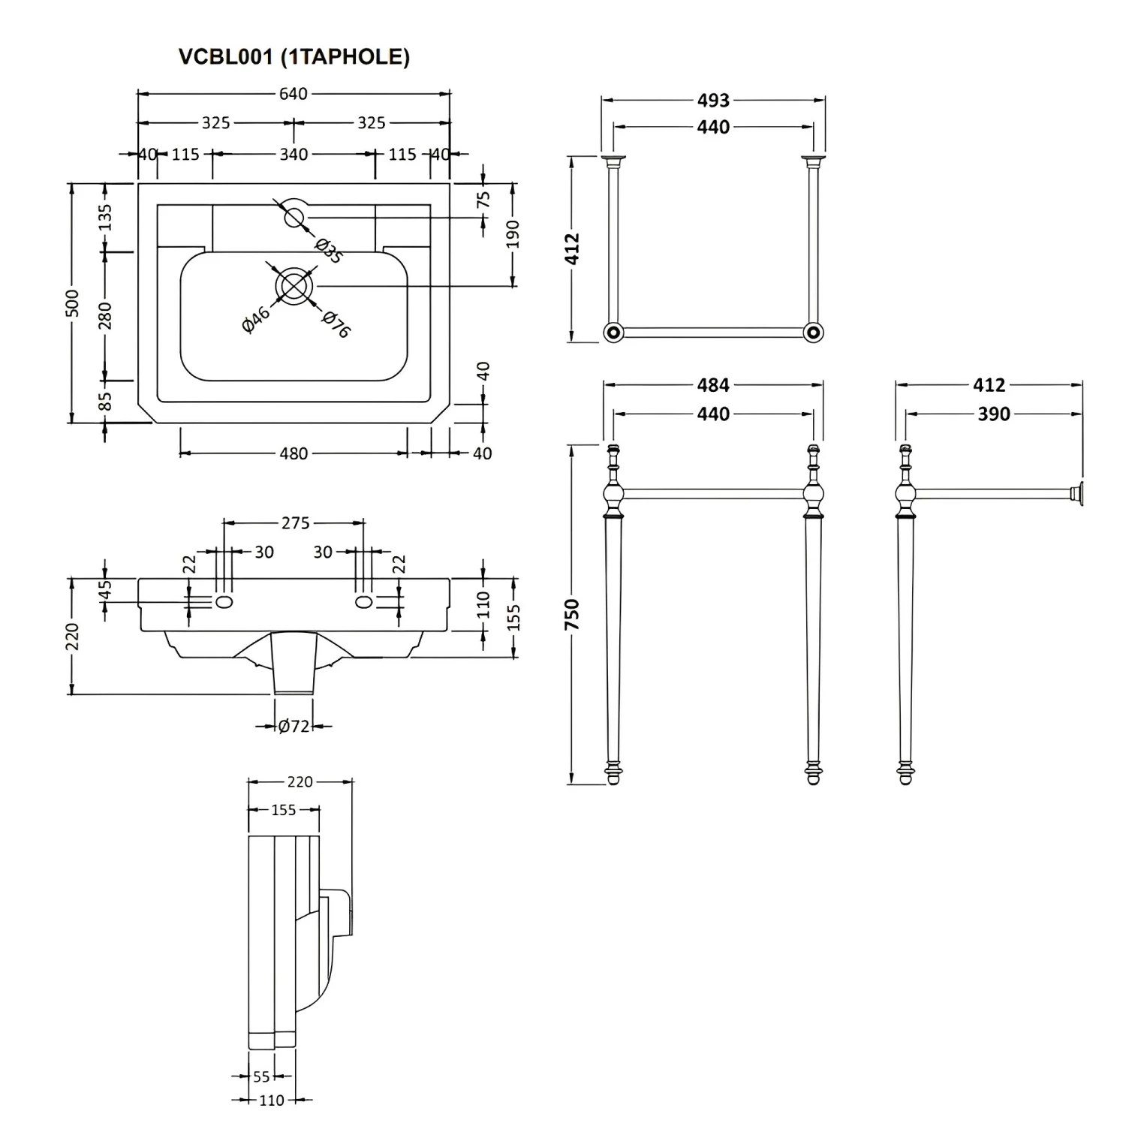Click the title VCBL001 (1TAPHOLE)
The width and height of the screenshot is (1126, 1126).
pyautogui.click(x=294, y=57)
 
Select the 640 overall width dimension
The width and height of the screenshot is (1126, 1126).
pyautogui.click(x=294, y=94)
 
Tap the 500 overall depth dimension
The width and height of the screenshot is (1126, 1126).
pyautogui.click(x=72, y=302)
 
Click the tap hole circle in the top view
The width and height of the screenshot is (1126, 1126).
pyautogui.click(x=294, y=217)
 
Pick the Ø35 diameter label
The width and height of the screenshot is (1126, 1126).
pyautogui.click(x=329, y=250)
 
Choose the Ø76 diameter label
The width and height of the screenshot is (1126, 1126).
pyautogui.click(x=336, y=324)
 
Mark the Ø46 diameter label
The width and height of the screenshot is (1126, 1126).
pyautogui.click(x=256, y=320)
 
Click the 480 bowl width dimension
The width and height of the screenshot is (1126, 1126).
pyautogui.click(x=294, y=453)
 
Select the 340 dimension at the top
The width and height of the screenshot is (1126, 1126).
pyautogui.click(x=294, y=154)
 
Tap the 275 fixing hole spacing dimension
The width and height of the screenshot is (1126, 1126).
pyautogui.click(x=295, y=522)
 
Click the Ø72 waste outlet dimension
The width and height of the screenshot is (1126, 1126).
pyautogui.click(x=294, y=726)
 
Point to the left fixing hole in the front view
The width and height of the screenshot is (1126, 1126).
pyautogui.click(x=224, y=601)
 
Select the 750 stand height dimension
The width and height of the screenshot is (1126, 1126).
pyautogui.click(x=573, y=614)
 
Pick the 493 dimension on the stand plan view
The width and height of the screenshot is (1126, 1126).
pyautogui.click(x=713, y=100)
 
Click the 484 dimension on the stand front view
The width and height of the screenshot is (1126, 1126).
pyautogui.click(x=713, y=384)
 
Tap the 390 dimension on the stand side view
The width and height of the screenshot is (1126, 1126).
pyautogui.click(x=993, y=414)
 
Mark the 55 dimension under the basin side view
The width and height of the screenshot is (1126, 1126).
pyautogui.click(x=261, y=1076)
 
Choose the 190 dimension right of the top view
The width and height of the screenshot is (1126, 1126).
pyautogui.click(x=513, y=234)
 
